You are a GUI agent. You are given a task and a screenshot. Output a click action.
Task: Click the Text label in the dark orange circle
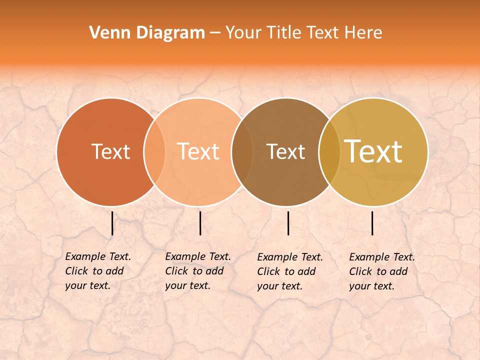click(110, 151)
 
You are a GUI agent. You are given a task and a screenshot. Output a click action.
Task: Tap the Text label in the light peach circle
click(198, 151)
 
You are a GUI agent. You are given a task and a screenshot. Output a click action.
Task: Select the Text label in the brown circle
click(285, 151)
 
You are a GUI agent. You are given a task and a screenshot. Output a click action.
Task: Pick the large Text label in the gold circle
click(373, 151)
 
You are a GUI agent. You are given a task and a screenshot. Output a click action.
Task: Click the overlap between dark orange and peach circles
click(154, 152)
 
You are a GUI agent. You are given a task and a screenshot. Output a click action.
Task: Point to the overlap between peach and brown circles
click(242, 152)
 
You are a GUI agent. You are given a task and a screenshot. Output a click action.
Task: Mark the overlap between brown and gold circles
click(329, 152)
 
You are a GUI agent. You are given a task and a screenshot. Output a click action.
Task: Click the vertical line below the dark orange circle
click(112, 223)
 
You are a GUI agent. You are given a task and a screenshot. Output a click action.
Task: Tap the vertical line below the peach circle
click(200, 223)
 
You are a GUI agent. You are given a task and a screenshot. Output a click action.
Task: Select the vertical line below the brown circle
click(288, 223)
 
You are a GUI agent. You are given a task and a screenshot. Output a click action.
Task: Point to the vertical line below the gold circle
click(372, 223)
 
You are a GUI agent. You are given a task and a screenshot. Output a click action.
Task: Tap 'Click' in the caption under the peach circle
click(176, 271)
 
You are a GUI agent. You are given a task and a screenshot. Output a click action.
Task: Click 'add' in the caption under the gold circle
click(398, 271)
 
